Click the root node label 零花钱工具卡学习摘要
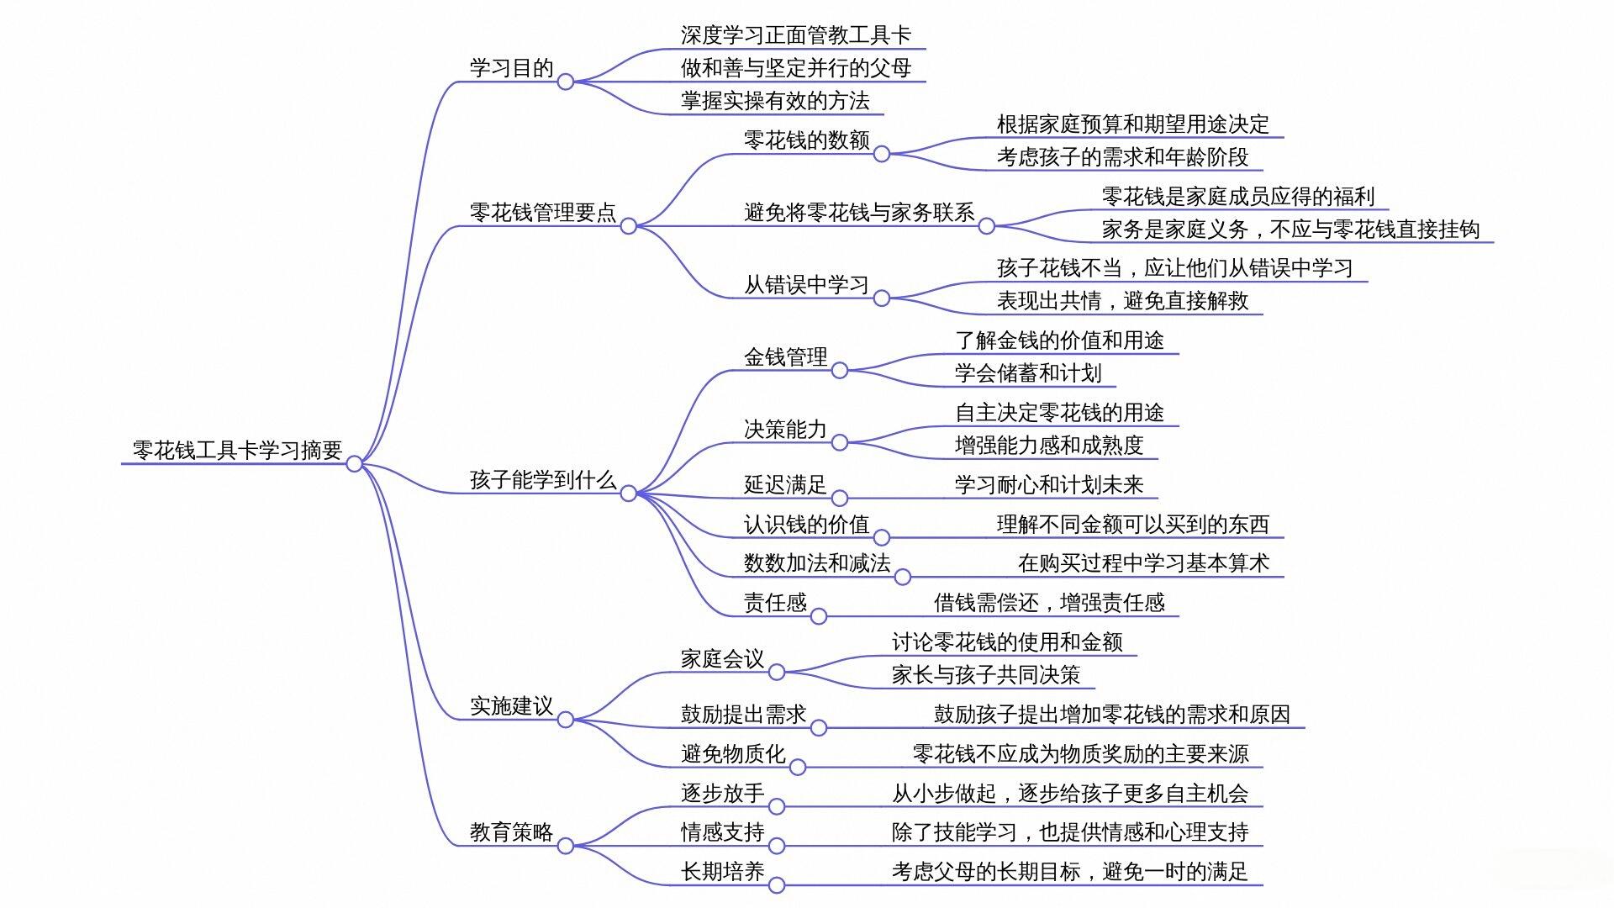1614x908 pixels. pyautogui.click(x=237, y=450)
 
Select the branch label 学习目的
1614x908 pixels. pyautogui.click(x=511, y=68)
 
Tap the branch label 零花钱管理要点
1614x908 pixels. pyautogui.click(x=543, y=212)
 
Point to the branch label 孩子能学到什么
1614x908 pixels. pyautogui.click(x=543, y=480)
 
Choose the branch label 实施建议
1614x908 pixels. pyautogui.click(x=511, y=705)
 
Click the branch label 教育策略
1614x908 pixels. pyautogui.click(x=511, y=831)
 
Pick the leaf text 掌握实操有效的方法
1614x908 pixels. pyautogui.click(x=775, y=101)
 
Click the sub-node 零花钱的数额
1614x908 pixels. pyautogui.click(x=806, y=140)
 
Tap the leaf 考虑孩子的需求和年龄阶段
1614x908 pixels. pyautogui.click(x=1122, y=156)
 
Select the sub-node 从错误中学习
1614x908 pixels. pyautogui.click(x=806, y=284)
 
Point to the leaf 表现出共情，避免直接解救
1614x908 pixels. pyautogui.click(x=1122, y=300)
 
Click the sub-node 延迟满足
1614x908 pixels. pyautogui.click(x=785, y=484)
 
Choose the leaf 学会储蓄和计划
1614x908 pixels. pyautogui.click(x=1028, y=372)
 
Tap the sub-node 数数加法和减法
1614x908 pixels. pyautogui.click(x=817, y=562)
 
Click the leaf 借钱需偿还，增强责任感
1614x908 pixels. pyautogui.click(x=1049, y=602)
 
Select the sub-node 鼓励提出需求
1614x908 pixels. pyautogui.click(x=743, y=714)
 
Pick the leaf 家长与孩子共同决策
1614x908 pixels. pyautogui.click(x=986, y=674)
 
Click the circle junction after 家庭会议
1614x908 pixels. pyautogui.click(x=777, y=672)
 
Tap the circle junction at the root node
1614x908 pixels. pyautogui.click(x=355, y=463)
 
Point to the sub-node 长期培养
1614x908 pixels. pyautogui.click(x=722, y=871)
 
